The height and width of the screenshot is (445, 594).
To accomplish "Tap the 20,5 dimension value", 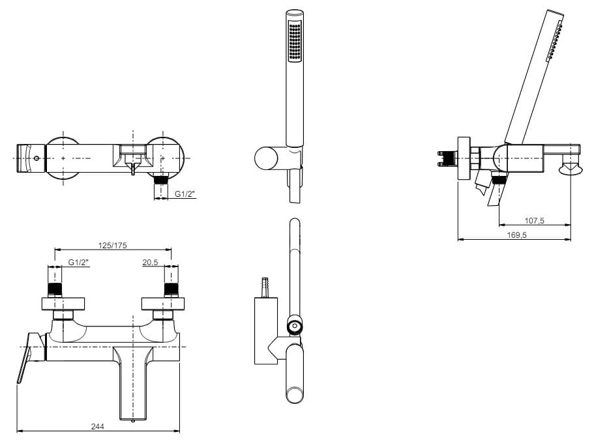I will [151, 262].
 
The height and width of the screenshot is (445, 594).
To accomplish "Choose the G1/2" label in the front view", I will [78, 262].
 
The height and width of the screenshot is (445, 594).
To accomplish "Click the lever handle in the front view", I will [24, 358].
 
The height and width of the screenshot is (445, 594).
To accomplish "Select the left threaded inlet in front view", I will [55, 289].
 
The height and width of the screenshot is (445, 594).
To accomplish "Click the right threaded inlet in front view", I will [171, 289].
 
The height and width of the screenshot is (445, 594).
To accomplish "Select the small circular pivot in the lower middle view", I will [295, 326].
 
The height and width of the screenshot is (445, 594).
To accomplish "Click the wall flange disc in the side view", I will [464, 158].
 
